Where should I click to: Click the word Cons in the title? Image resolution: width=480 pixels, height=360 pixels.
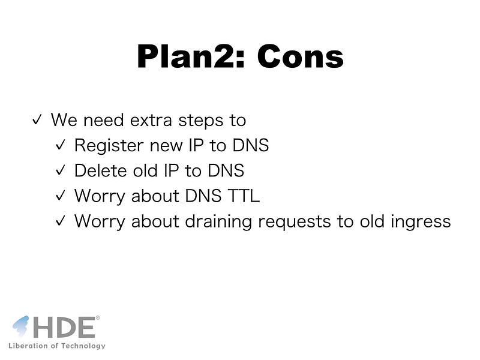point(301,56)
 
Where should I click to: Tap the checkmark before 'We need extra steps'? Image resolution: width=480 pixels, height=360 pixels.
point(37,119)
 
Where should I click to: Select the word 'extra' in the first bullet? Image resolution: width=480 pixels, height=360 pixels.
point(151,120)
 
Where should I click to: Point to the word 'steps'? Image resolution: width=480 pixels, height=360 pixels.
point(201,121)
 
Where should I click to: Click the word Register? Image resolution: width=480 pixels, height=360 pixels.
point(109,146)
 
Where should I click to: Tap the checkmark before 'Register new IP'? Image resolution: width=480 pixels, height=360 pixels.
point(61,145)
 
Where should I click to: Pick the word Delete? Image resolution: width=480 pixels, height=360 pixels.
point(100,170)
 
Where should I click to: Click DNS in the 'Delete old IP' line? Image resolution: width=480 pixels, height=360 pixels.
point(226,170)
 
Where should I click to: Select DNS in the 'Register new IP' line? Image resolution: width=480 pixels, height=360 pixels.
point(251,145)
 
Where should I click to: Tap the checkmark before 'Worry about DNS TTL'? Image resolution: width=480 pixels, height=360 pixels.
point(61,195)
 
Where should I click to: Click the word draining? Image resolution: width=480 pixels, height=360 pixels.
point(218,222)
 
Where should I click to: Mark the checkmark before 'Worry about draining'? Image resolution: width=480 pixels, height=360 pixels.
point(61,220)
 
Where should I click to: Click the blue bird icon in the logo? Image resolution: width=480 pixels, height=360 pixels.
point(21,326)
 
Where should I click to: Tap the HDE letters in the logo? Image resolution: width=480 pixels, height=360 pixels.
point(64,327)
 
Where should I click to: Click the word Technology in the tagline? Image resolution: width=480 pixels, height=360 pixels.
point(83,346)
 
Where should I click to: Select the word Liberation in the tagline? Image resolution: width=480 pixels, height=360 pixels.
point(28,346)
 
